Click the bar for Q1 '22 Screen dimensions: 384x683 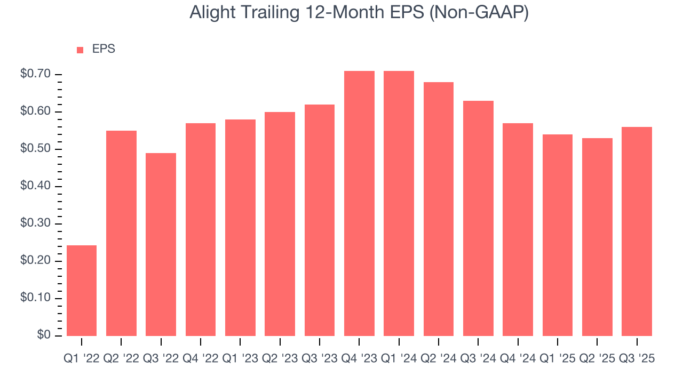pyautogui.click(x=82, y=291)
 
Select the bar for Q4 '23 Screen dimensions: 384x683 pyautogui.click(x=359, y=203)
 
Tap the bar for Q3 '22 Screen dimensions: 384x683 pyautogui.click(x=161, y=244)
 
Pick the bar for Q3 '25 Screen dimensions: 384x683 pyautogui.click(x=637, y=231)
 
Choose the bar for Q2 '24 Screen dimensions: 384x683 pyautogui.click(x=439, y=209)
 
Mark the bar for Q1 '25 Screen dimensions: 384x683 pyautogui.click(x=558, y=235)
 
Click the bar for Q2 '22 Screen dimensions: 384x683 pyautogui.click(x=121, y=233)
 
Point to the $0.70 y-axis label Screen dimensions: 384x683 pyautogui.click(x=35, y=74)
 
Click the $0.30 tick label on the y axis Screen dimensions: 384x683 pyautogui.click(x=35, y=223)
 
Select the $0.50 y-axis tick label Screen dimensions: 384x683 pyautogui.click(x=35, y=149)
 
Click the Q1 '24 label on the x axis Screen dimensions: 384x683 pyautogui.click(x=399, y=359)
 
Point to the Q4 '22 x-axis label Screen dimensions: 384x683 pyautogui.click(x=201, y=359)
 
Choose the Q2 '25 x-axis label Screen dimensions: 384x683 pyautogui.click(x=597, y=359)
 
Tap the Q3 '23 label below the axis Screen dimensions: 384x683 pyautogui.click(x=320, y=359)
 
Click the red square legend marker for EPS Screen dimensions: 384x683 pyautogui.click(x=80, y=50)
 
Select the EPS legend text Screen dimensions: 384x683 pyautogui.click(x=104, y=49)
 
